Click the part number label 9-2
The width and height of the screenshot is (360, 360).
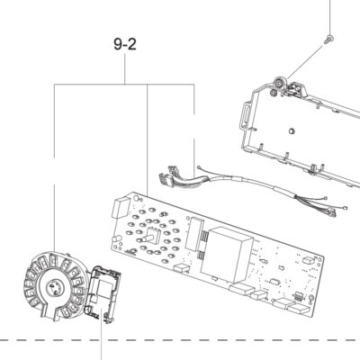[x=125, y=44]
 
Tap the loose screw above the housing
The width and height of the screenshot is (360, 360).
[x=329, y=39]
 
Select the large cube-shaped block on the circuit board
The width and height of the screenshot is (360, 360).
[x=227, y=255]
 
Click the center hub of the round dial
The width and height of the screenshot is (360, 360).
[x=55, y=287]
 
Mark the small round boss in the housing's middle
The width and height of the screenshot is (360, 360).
[x=291, y=130]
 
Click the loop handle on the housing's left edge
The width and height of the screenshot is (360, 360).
[x=246, y=113]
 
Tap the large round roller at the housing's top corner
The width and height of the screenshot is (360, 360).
[x=281, y=82]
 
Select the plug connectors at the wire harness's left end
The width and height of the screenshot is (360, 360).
[x=168, y=176]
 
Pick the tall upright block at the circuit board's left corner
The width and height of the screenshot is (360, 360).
[x=120, y=207]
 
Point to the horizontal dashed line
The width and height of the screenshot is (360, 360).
[x=180, y=340]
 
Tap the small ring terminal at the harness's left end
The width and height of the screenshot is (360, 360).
[x=198, y=167]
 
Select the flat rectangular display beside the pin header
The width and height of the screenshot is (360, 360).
[x=194, y=234]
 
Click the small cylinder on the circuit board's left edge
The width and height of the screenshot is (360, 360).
[x=116, y=239]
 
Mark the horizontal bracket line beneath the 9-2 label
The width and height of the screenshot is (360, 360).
[x=124, y=85]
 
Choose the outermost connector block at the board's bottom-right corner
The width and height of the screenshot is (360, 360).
[x=299, y=308]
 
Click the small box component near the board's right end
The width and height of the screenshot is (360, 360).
[x=309, y=260]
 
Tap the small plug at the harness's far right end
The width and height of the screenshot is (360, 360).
[x=332, y=213]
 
